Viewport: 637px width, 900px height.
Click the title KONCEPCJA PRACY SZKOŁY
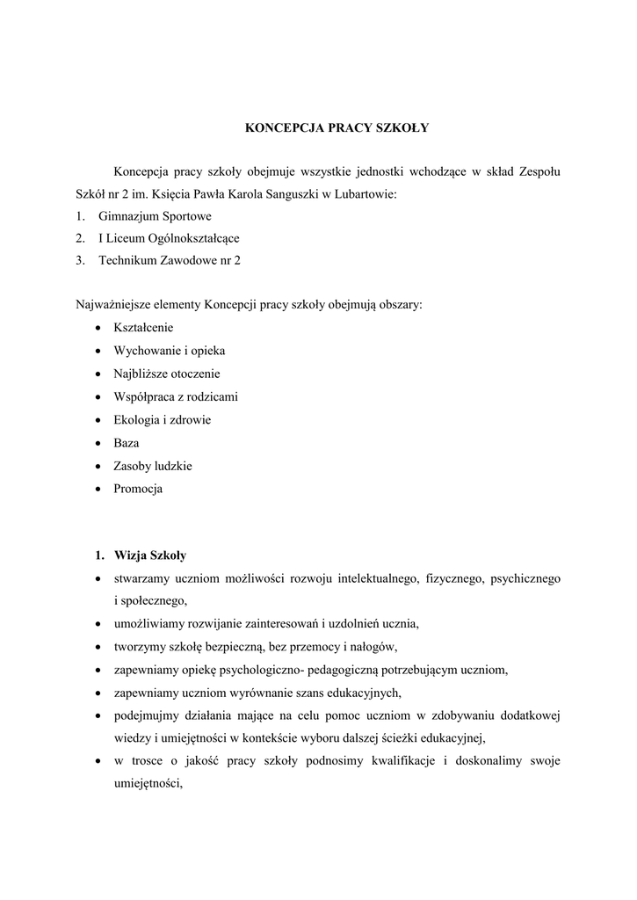(x=336, y=128)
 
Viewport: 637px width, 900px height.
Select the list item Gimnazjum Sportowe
(x=155, y=215)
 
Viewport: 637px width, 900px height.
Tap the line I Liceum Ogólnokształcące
(x=169, y=238)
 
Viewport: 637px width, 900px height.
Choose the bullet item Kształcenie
(x=143, y=328)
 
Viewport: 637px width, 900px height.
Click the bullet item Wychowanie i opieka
(x=169, y=351)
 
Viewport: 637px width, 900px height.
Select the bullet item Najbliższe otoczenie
(x=167, y=374)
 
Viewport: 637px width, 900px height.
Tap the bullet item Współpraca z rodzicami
(x=176, y=396)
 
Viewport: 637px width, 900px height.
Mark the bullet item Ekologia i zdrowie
(x=162, y=419)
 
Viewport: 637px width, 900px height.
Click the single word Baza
(x=126, y=443)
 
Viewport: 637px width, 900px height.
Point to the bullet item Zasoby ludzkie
(x=153, y=466)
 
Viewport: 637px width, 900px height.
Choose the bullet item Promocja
(x=138, y=489)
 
